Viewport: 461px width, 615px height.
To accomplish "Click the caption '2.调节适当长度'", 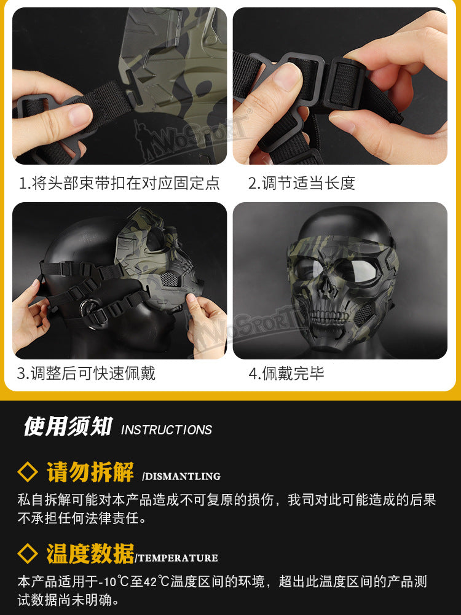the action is coord(301,183).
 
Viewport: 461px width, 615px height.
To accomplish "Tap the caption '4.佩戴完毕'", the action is coord(286,374).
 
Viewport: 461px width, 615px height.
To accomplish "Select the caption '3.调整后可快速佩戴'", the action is coord(86,374).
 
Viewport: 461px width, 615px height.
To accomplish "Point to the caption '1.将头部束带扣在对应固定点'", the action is coord(119,183).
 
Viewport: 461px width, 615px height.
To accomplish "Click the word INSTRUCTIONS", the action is coord(167,430).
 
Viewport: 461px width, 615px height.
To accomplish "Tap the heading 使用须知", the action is coord(68,426).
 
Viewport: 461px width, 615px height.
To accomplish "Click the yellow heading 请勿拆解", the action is coord(90,472).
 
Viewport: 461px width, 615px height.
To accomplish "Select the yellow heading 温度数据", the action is coord(90,554).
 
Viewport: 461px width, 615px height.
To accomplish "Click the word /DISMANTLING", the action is coord(181,476).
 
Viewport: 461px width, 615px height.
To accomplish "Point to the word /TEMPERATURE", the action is coord(176,558).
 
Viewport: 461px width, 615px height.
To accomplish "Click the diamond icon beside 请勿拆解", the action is coord(28,472).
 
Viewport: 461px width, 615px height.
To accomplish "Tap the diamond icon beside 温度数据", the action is coord(28,554).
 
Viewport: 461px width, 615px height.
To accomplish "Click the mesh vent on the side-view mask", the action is coord(170,280).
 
